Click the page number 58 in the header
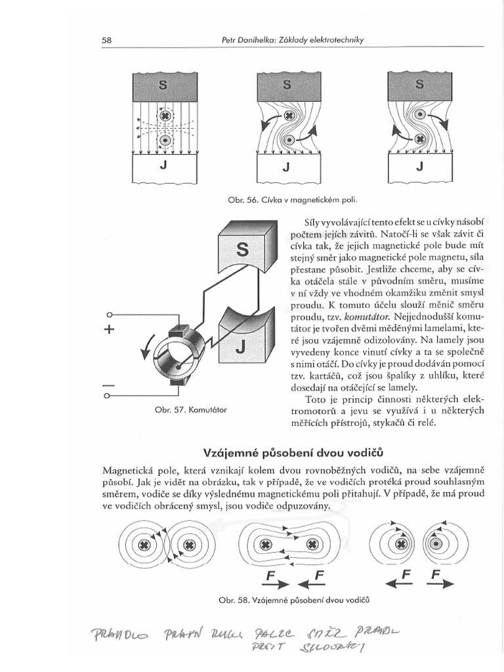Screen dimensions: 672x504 point(107,41)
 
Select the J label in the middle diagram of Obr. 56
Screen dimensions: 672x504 point(285,167)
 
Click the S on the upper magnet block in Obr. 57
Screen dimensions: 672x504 point(241,250)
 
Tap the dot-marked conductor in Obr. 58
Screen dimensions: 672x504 point(435,545)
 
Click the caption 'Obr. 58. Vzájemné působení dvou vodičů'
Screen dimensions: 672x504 point(293,600)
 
